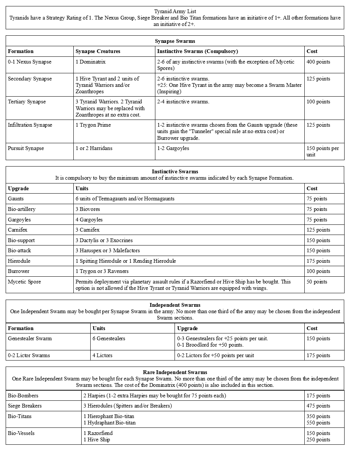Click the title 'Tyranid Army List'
(175, 11)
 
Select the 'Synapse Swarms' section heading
(175, 41)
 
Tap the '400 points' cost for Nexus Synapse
(318, 62)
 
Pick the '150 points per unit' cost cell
(322, 151)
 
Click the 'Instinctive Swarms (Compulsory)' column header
(197, 51)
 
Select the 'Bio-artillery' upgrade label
(21, 209)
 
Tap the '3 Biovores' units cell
(88, 209)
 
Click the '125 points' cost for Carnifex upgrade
(318, 230)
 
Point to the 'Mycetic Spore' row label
(24, 282)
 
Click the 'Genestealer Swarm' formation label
(30, 338)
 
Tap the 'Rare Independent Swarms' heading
(175, 372)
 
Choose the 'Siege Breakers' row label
(24, 406)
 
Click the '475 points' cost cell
(318, 406)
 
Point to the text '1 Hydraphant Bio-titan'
(109, 423)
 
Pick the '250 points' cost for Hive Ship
(318, 439)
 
